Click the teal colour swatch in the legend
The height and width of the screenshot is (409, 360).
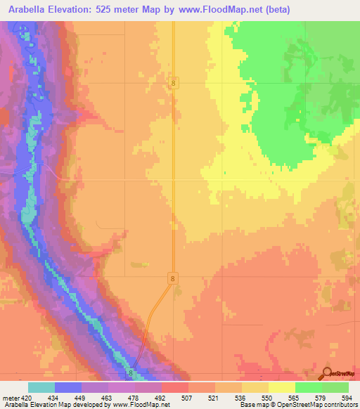(x=41, y=387)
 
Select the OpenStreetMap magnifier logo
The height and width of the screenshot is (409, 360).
(x=326, y=374)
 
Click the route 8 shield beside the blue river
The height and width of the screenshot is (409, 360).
(x=131, y=373)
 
